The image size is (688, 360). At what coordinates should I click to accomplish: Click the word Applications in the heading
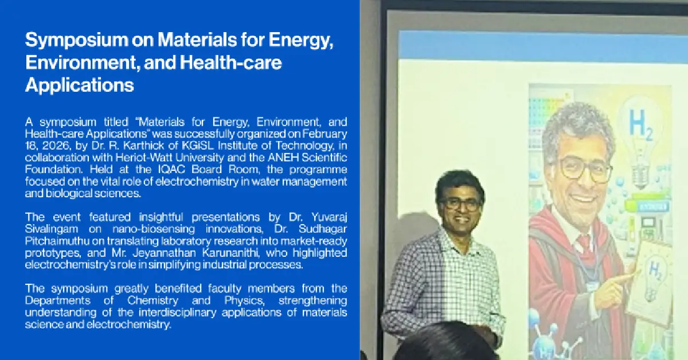click(80, 85)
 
